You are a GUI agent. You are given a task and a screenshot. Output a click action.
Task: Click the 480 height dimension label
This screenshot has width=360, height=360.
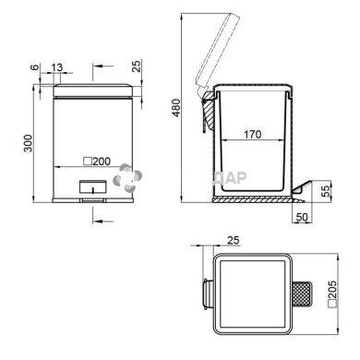(176, 107)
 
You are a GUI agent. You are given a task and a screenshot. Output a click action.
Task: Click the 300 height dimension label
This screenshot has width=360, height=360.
(28, 143)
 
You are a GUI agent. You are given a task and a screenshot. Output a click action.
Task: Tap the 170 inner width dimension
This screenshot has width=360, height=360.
(253, 135)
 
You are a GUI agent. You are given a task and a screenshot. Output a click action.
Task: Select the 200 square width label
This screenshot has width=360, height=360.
(97, 162)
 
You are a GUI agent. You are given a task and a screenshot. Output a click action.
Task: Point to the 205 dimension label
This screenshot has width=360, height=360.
(332, 294)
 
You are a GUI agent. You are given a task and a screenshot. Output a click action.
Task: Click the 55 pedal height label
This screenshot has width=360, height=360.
(325, 191)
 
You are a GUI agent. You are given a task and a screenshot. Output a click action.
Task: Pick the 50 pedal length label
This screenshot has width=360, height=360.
(302, 217)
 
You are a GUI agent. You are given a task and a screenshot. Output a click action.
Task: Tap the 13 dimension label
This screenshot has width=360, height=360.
(57, 67)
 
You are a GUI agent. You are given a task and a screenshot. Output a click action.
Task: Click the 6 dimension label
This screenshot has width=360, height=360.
(36, 66)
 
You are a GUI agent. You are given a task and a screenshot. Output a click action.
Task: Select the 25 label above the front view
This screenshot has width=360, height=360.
(137, 66)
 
